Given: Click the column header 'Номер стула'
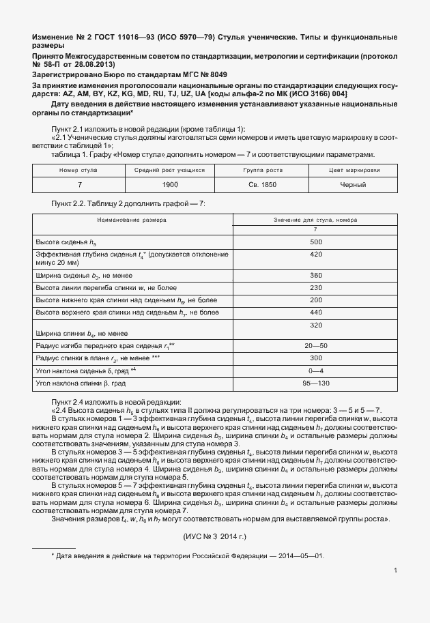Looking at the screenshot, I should (x=78, y=169).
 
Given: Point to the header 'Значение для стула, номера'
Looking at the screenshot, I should (x=315, y=220).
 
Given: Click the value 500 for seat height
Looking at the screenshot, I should (x=315, y=242).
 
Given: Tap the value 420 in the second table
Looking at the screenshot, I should (x=315, y=255).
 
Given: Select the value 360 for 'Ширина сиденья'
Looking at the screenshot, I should (x=315, y=275).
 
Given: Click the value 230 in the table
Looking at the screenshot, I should (x=315, y=287).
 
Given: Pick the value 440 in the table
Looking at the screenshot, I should (x=315, y=312).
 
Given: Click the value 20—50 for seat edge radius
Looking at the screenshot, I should (x=315, y=346).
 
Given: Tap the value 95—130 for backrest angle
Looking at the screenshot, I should (x=315, y=383).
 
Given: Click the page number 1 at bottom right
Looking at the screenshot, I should (x=396, y=570).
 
